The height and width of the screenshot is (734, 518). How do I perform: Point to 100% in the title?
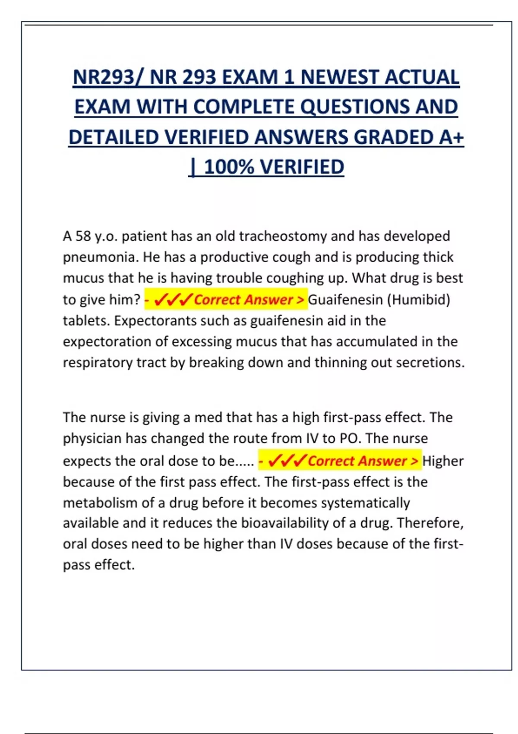pyautogui.click(x=229, y=167)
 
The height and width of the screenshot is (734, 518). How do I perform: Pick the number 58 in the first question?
pyautogui.click(x=83, y=236)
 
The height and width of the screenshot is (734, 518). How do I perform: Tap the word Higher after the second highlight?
pyautogui.click(x=443, y=461)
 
